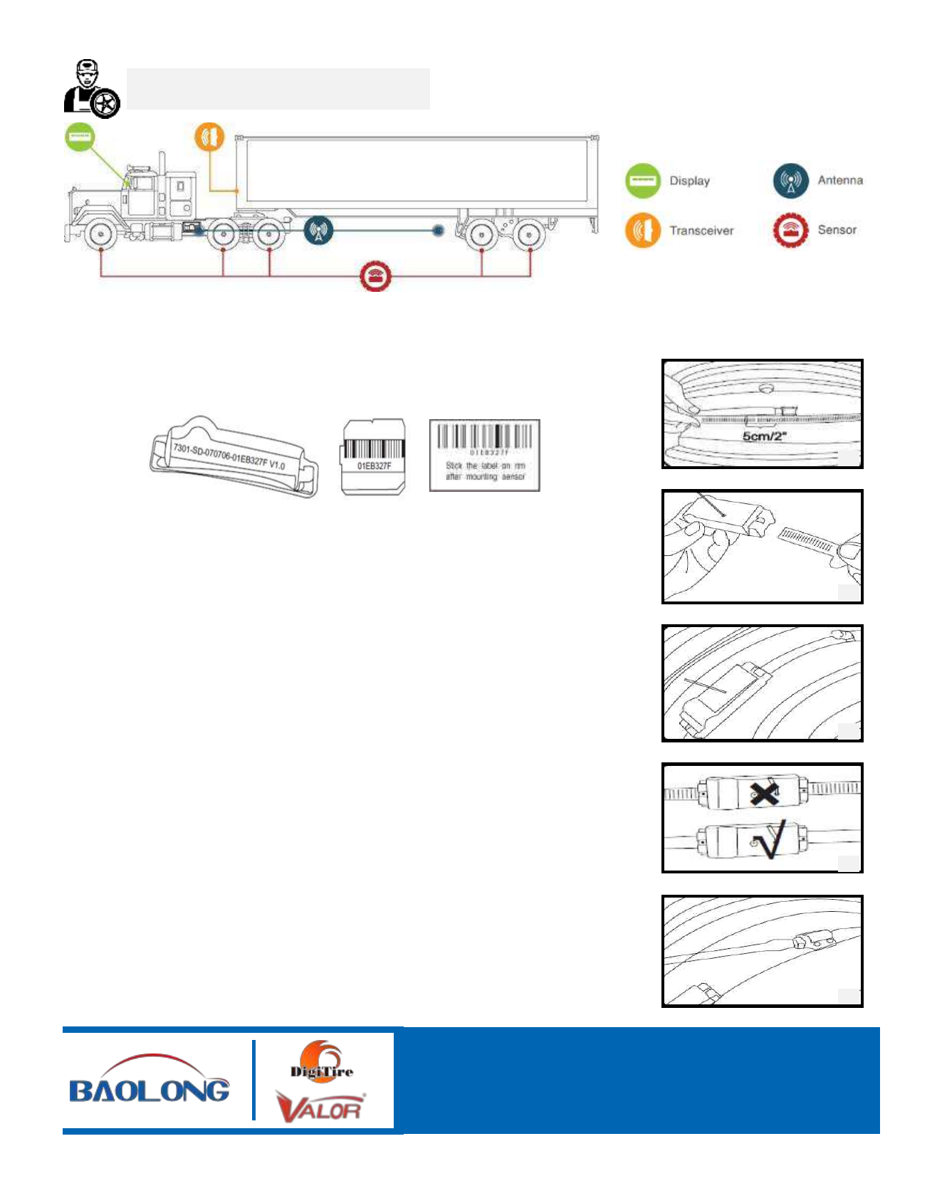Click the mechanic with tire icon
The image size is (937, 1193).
tap(92, 89)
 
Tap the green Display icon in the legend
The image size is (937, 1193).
tap(642, 181)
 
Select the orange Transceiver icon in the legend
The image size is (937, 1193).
tap(642, 231)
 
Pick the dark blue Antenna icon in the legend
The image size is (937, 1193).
tap(790, 181)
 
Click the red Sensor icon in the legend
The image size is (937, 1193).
tap(790, 230)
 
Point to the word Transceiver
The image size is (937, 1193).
tap(701, 231)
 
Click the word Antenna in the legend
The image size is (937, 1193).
tap(840, 180)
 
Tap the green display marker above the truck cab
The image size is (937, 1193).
tap(80, 136)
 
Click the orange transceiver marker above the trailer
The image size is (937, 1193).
tap(209, 137)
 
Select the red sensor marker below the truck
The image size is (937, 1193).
tap(375, 277)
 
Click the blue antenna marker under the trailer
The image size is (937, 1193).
tap(318, 231)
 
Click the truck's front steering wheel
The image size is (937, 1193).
tap(100, 234)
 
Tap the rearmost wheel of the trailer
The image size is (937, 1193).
tap(528, 234)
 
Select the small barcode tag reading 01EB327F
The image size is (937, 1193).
tap(374, 456)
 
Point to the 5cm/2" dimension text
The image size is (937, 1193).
tap(764, 436)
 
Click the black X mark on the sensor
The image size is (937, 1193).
tap(764, 792)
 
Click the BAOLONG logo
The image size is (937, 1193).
tap(150, 1081)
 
